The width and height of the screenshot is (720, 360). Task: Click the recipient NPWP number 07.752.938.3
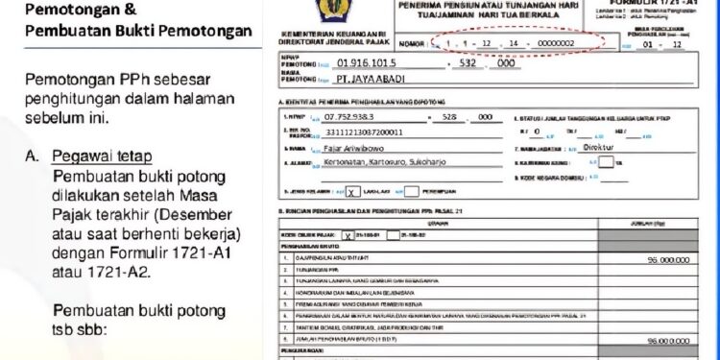coord(356,116)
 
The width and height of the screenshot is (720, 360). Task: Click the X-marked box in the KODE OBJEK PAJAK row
coord(347,234)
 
